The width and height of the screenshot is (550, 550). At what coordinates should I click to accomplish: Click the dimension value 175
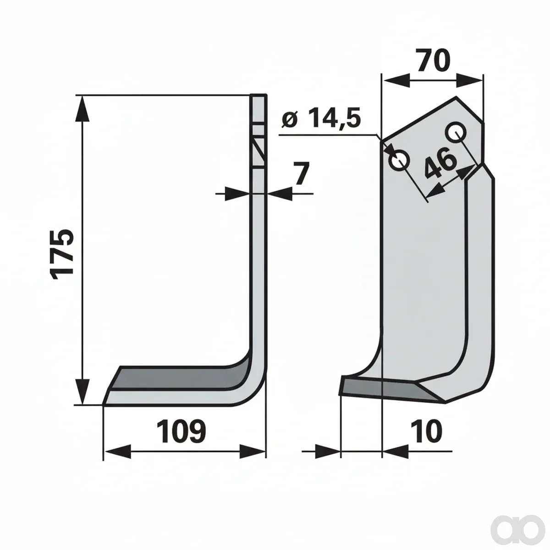coord(62,254)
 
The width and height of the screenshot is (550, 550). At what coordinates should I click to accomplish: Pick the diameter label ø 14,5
coord(321,118)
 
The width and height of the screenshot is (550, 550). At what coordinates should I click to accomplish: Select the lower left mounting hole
coord(399,161)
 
